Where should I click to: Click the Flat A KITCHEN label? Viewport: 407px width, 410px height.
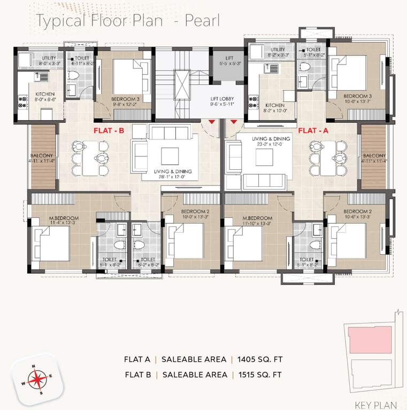[275, 106]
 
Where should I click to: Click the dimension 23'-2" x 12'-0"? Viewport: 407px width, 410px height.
[271, 145]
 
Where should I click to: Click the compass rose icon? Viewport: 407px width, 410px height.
[36, 380]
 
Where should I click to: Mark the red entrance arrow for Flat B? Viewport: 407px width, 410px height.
[212, 123]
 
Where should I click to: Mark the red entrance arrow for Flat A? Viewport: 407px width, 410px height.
[233, 123]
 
